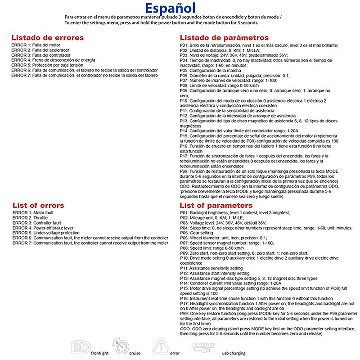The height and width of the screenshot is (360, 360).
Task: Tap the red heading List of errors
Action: point(38,205)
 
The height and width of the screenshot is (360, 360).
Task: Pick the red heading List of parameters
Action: point(218,205)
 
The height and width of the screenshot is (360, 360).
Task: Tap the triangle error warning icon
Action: point(161,347)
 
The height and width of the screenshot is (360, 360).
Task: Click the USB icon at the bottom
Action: point(204,346)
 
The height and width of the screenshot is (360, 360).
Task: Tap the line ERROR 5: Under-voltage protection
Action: point(46,233)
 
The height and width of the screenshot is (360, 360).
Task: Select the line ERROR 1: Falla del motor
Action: point(36,45)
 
